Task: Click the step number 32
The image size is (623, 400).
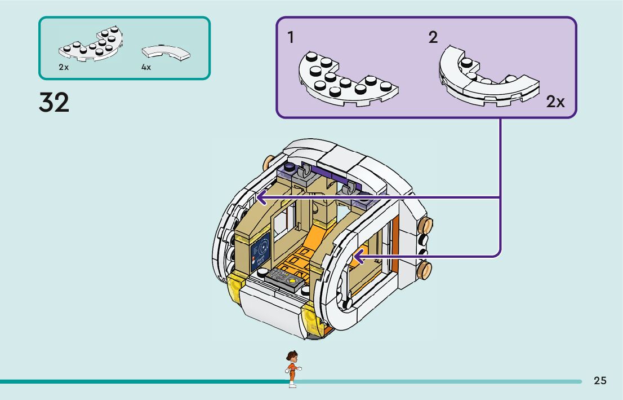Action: [x=54, y=103]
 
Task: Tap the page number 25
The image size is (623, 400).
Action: [x=600, y=381]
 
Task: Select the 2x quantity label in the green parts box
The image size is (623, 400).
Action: [x=63, y=67]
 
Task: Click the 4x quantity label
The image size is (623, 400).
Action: [x=146, y=67]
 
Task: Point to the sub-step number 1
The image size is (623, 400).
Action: [x=291, y=38]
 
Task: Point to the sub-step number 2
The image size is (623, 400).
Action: [x=433, y=38]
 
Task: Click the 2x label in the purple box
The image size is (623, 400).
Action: [x=555, y=102]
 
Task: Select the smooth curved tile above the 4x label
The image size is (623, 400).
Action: [x=166, y=52]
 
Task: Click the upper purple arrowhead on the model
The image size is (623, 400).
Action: [x=260, y=198]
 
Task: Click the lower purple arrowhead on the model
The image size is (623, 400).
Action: [x=357, y=258]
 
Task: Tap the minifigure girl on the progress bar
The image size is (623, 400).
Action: [x=292, y=368]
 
